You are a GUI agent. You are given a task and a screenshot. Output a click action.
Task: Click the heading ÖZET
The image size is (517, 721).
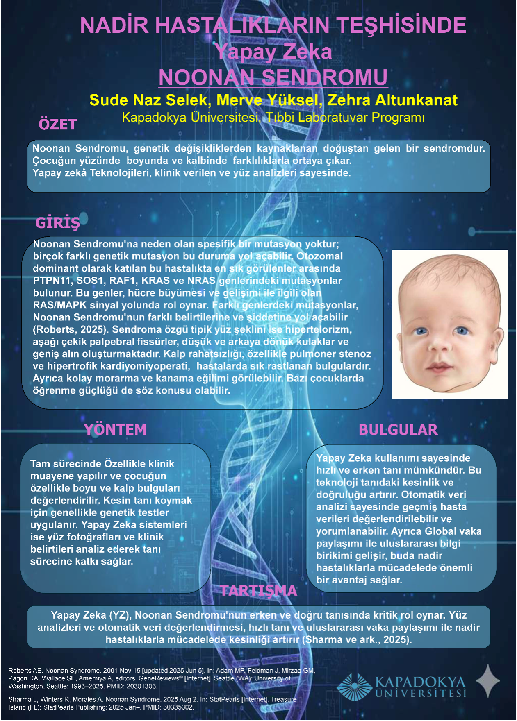(58, 124)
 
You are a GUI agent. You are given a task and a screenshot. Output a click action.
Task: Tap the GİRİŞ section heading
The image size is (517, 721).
(57, 223)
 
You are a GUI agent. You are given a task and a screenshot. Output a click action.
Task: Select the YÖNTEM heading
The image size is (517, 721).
(115, 429)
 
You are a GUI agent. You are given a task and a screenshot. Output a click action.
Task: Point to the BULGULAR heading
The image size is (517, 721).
(398, 430)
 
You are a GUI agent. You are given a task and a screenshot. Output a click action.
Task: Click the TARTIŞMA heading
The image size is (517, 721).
(258, 590)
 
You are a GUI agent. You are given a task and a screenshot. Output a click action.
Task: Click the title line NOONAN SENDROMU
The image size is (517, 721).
(273, 77)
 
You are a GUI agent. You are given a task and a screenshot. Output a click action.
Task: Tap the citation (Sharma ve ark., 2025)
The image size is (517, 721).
(357, 639)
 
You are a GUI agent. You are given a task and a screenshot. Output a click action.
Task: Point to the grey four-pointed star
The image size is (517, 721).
(488, 681)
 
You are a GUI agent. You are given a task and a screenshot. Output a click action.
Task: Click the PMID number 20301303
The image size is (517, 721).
(143, 686)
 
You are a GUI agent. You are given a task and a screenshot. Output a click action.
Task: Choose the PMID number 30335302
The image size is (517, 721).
(179, 707)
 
